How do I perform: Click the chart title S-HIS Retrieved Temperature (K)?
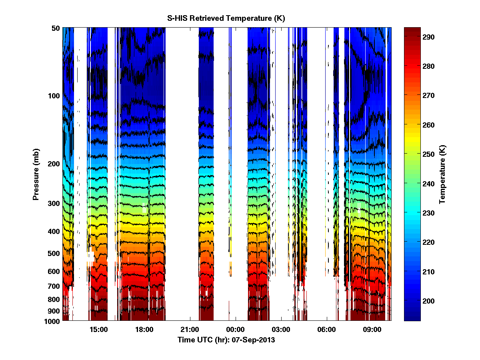point(226,18)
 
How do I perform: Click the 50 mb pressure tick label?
point(56,28)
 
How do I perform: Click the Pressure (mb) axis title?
point(36,174)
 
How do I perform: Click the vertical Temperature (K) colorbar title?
point(442,174)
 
